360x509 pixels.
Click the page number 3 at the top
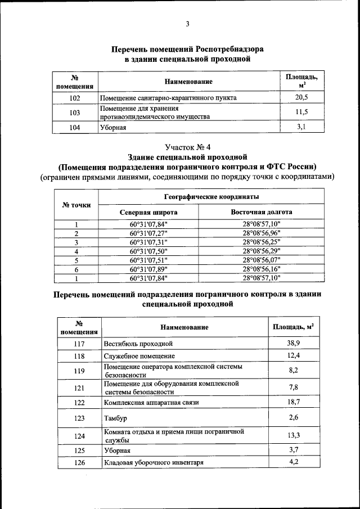coord(187,23)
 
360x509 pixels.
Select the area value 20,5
coord(301,97)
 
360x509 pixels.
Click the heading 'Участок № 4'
coord(187,147)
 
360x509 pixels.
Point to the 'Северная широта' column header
coord(149,213)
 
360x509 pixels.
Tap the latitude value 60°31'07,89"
coord(149,269)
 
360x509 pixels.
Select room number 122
coord(79,403)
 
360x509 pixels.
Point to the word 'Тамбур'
coord(115,418)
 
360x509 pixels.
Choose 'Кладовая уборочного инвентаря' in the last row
coord(154,462)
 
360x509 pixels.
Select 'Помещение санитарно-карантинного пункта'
coord(168,98)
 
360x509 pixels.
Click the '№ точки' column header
coord(75,205)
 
